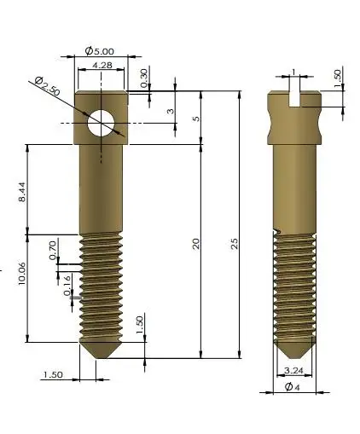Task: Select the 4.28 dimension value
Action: [102, 65]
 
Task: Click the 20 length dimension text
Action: [195, 244]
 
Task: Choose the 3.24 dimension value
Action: [293, 370]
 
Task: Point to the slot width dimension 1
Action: [293, 72]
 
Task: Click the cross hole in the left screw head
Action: [102, 124]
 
